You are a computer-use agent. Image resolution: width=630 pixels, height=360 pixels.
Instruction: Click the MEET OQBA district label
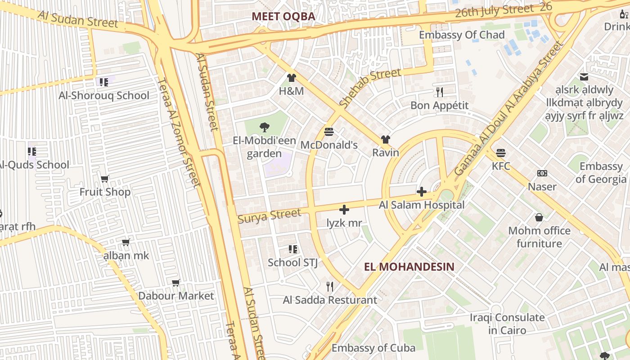point(283,17)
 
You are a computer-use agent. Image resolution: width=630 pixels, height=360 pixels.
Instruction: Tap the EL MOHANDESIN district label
point(409,266)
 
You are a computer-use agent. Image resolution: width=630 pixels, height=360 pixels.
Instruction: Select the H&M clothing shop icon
point(291,78)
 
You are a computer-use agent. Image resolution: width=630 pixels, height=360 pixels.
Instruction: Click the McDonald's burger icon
point(329,132)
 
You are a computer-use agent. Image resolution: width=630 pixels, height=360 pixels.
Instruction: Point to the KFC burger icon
point(501,153)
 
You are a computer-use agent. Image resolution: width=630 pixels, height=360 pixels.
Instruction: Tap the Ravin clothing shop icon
point(386,139)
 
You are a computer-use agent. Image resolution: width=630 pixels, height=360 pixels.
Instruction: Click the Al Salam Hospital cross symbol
point(422,192)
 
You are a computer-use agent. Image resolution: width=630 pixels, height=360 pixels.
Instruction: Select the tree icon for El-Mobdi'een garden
point(265,127)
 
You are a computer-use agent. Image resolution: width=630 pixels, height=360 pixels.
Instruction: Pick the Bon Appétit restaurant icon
point(440,92)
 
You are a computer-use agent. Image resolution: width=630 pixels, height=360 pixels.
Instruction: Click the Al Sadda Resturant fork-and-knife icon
point(330,287)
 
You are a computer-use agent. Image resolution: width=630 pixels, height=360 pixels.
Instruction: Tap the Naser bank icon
point(542,173)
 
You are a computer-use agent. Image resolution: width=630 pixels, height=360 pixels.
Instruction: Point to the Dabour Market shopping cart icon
point(176,283)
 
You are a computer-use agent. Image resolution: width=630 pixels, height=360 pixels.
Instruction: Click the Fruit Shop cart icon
point(105,179)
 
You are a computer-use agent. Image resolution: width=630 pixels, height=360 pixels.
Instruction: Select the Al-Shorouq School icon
point(104,82)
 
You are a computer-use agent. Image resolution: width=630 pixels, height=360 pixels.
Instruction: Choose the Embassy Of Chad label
point(455,35)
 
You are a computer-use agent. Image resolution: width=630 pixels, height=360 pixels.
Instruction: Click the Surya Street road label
point(269,216)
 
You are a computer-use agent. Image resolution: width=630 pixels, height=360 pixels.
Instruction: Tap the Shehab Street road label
point(370,88)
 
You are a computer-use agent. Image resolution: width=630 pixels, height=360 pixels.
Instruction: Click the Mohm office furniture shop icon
point(539,218)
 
